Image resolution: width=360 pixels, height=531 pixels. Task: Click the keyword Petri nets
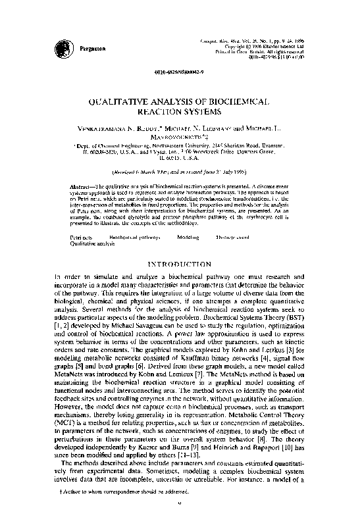82,235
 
